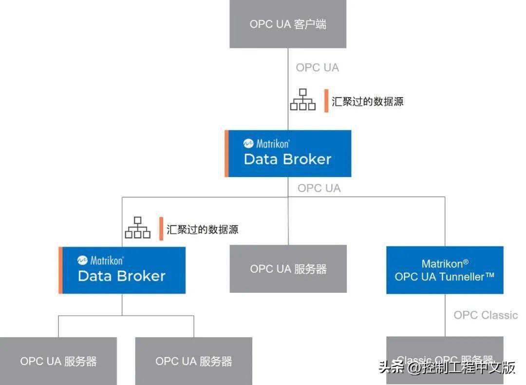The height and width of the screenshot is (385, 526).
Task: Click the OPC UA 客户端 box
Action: click(288, 24)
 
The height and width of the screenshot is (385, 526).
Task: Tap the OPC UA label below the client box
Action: click(317, 68)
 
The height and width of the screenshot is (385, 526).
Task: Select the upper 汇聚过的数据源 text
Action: click(368, 101)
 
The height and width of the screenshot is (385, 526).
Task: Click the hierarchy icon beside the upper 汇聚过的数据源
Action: click(303, 100)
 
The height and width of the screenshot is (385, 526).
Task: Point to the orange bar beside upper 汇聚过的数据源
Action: click(326, 101)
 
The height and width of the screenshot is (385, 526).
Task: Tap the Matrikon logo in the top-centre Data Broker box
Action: click(248, 144)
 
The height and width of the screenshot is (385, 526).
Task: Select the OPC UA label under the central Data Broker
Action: click(319, 188)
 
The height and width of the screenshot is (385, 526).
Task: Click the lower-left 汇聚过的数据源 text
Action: click(203, 229)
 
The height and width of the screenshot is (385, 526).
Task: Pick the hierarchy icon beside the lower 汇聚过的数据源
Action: click(138, 228)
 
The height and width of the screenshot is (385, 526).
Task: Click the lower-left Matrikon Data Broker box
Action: click(123, 270)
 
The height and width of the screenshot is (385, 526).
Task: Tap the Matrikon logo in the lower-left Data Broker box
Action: click(82, 261)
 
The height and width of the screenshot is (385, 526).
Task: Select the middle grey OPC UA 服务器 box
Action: click(288, 269)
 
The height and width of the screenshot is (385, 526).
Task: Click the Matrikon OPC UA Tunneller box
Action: click(444, 270)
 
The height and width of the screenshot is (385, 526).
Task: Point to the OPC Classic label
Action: click(486, 315)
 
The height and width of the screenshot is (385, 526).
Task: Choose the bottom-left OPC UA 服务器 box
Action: click(58, 361)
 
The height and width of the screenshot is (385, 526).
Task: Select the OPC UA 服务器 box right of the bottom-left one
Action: click(193, 361)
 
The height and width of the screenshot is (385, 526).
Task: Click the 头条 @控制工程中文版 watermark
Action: click(447, 367)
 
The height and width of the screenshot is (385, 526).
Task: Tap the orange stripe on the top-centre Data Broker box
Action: click(226, 153)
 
